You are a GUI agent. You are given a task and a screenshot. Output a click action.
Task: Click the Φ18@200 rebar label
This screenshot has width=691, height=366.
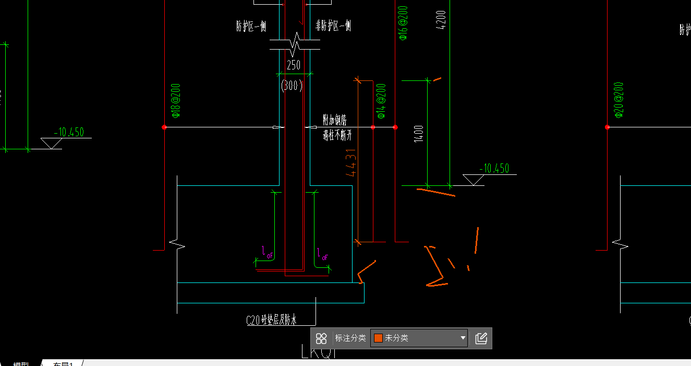coord(176,100)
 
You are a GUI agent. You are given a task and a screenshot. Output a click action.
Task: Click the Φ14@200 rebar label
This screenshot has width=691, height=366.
coord(381,100)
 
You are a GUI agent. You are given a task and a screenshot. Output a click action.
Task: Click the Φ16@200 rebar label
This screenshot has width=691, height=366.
coord(403,23)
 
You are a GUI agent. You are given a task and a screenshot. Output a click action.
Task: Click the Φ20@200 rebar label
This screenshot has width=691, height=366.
coord(619,99)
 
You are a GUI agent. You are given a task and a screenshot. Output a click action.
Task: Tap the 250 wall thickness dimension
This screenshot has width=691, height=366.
coord(294,65)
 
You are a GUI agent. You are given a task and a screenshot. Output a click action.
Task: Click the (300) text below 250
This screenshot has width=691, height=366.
coord(292,85)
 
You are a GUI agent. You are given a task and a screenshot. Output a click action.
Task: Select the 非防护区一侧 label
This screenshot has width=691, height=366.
coord(333,26)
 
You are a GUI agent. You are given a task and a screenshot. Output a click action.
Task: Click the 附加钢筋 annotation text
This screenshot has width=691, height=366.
coord(335,120)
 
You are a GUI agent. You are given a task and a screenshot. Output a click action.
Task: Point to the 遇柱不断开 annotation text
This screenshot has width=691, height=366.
coord(337,136)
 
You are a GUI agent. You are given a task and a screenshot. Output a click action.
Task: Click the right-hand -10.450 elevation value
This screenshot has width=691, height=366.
coord(493,168)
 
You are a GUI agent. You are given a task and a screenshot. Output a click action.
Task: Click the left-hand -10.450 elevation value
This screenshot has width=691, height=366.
coord(68,132)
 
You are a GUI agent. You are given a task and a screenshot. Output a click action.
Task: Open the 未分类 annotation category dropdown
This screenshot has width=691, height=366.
coord(419,338)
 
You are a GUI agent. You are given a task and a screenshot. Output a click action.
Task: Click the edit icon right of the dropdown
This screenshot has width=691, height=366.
coord(481,338)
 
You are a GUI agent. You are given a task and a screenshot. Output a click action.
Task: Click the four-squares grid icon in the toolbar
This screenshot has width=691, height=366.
coord(321,338)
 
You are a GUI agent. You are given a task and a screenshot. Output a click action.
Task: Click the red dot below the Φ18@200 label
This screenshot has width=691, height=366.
coord(164,127)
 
